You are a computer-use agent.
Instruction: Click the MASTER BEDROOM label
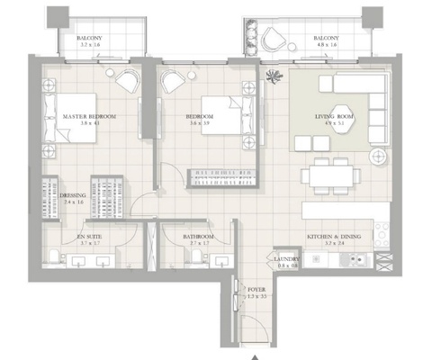[x=89, y=117]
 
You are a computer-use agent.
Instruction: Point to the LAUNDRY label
[x=286, y=259]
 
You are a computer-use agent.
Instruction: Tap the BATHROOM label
[x=202, y=236]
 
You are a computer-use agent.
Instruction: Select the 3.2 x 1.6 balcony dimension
[x=91, y=43]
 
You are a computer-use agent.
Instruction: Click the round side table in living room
[x=378, y=156]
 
